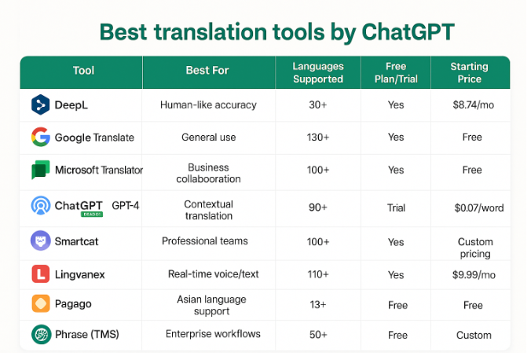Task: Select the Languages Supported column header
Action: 317,72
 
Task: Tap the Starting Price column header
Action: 469,72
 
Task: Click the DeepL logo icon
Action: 40,105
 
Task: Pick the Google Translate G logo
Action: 40,138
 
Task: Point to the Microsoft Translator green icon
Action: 40,171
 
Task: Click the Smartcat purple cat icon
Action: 40,241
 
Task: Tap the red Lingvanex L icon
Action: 40,274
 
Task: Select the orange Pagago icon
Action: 40,304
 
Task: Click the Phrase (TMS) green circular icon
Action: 40,335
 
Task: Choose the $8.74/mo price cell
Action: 473,105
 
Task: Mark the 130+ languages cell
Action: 317,138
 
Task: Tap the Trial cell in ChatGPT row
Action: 396,208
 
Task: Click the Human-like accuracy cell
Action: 207,105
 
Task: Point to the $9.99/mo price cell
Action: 473,274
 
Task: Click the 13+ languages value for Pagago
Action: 317,304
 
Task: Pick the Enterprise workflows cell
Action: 212,335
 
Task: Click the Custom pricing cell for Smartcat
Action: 474,248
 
